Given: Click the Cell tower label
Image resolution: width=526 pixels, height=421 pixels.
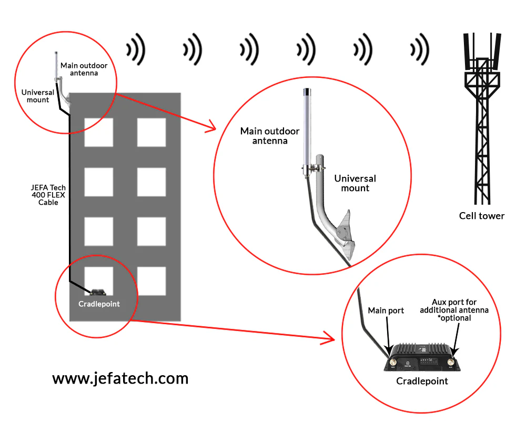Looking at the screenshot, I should tap(481, 215).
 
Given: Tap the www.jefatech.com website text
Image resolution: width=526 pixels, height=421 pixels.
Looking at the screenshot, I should tap(120, 378).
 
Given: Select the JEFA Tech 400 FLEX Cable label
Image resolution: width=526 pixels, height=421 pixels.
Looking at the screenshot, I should tap(48, 195).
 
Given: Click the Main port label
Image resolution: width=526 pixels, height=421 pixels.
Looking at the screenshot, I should tap(386, 310).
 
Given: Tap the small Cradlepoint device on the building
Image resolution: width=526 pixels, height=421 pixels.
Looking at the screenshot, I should tap(98, 292).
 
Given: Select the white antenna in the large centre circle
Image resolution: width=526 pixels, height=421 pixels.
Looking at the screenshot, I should tap(306, 132).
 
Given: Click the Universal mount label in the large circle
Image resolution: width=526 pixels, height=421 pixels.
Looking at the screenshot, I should tap(355, 183).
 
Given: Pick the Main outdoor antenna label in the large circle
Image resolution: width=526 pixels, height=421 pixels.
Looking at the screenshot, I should tap(270, 136).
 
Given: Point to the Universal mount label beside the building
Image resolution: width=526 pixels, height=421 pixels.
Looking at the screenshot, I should tap(38, 96).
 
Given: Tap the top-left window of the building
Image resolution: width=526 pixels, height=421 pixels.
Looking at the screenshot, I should tap(98, 132).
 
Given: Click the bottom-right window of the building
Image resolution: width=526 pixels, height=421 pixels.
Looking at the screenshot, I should tap(151, 281).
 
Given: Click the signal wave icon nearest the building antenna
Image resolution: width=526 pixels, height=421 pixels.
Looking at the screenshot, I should tap(135, 49).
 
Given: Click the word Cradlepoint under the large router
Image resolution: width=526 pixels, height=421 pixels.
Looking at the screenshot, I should tap(422, 381).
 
